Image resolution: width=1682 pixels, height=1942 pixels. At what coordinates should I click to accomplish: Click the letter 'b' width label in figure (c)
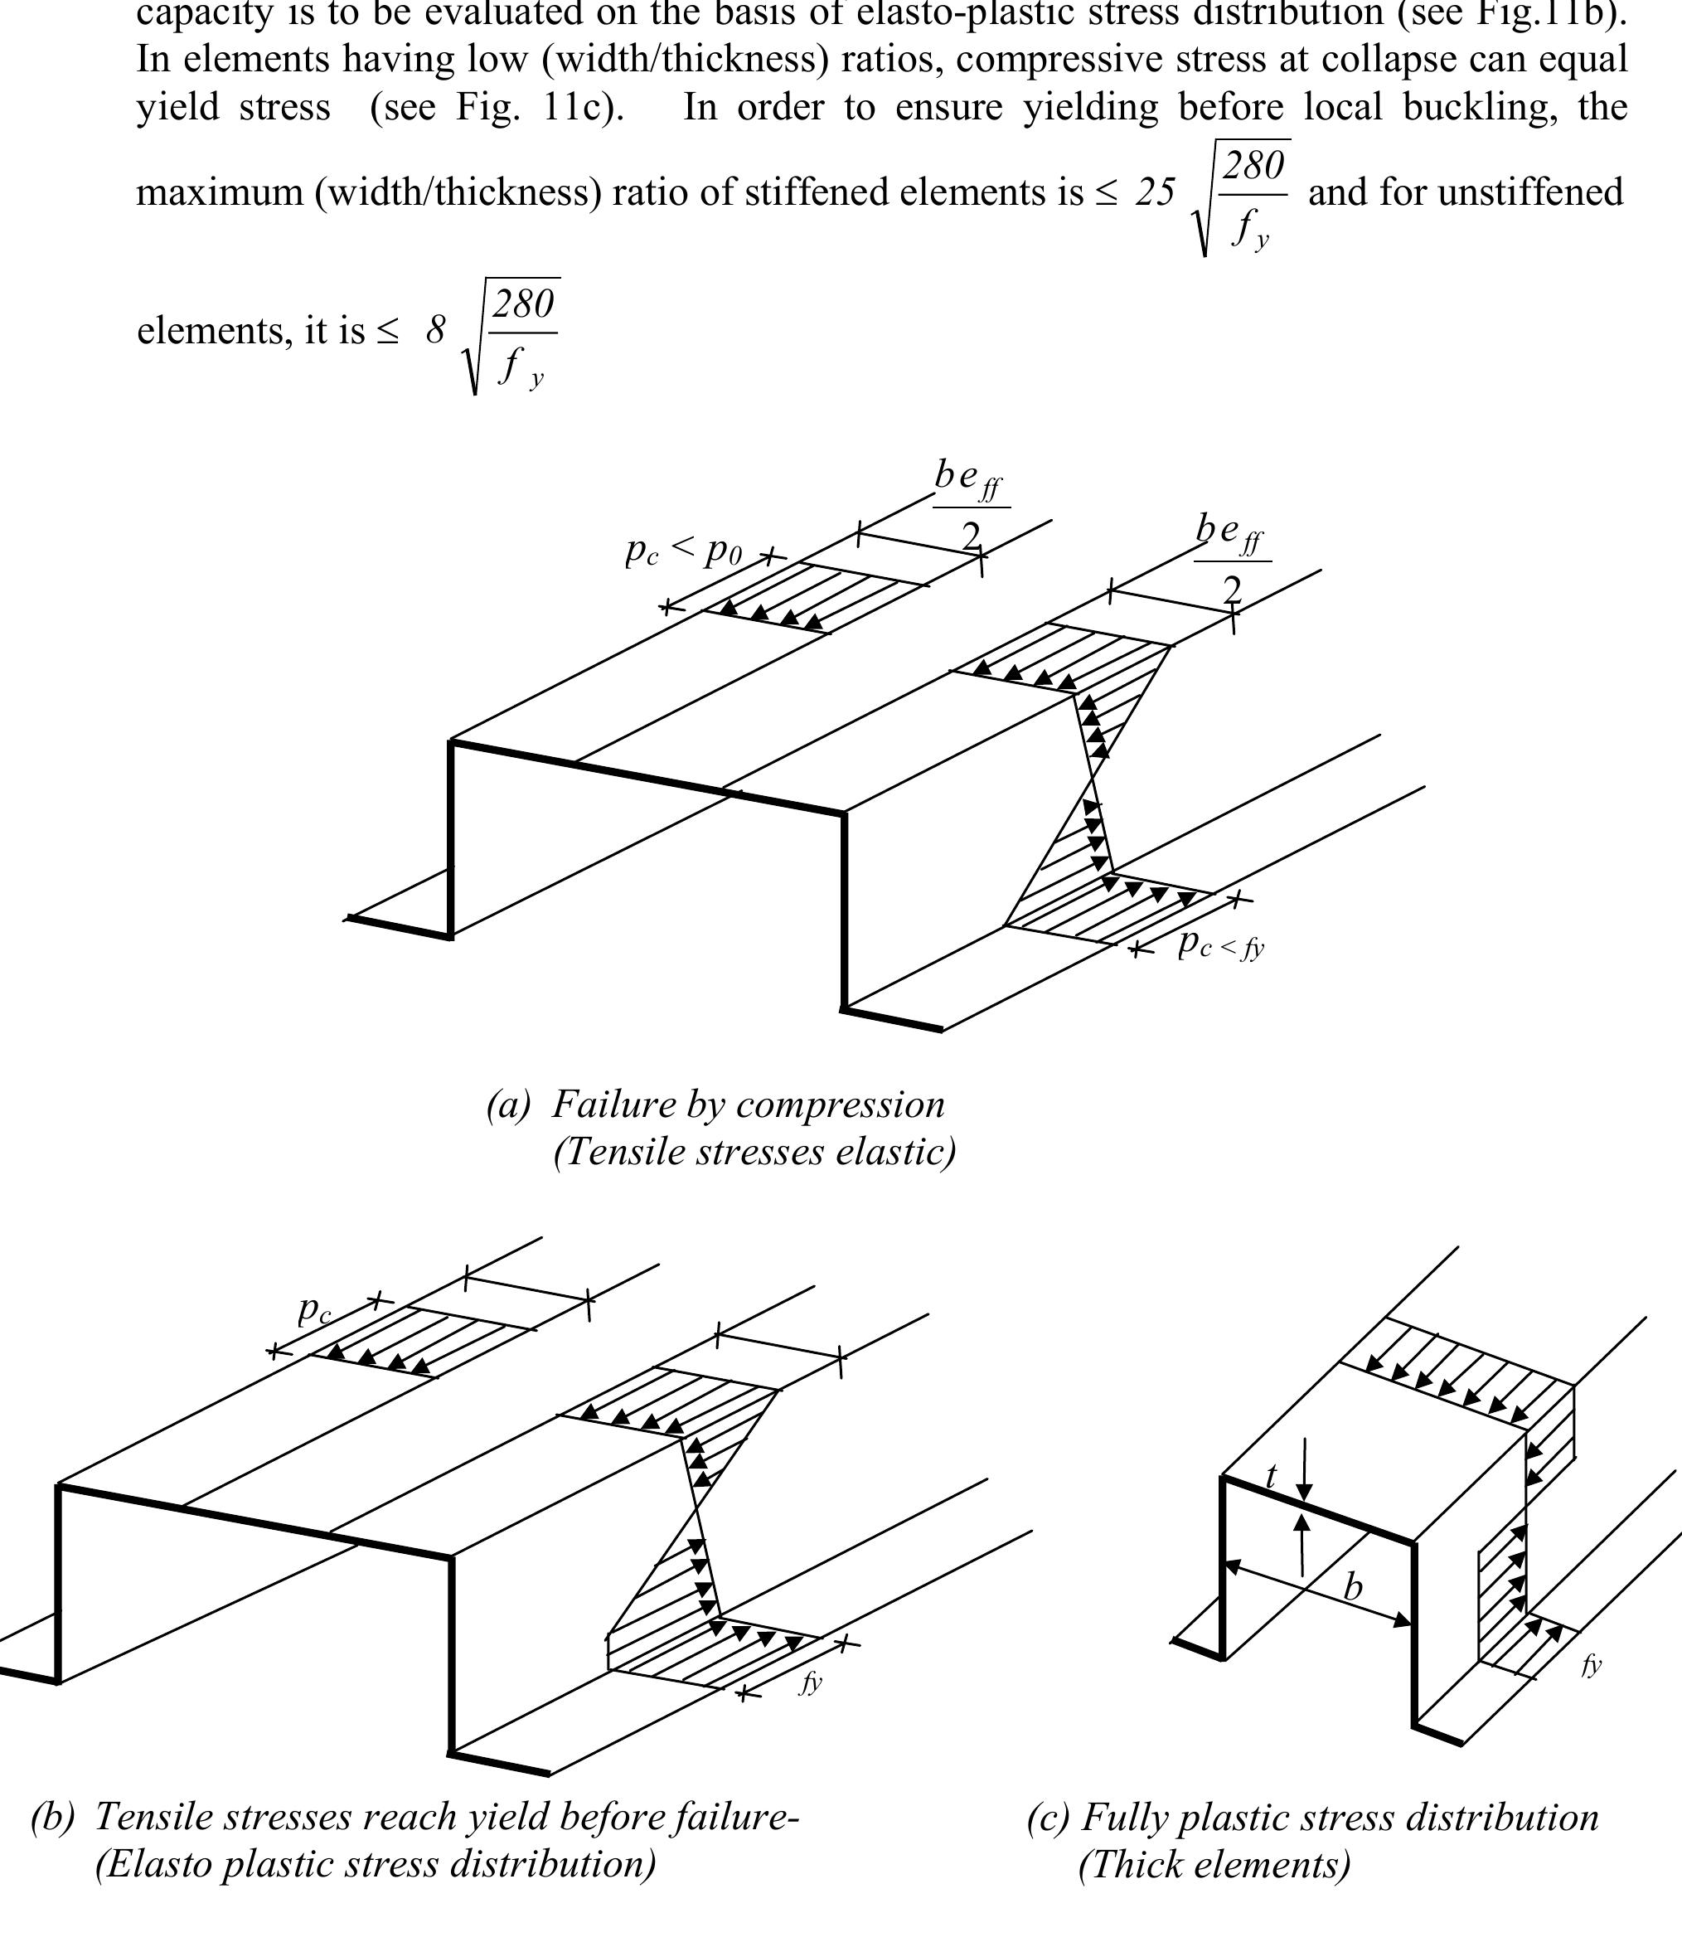1353,1587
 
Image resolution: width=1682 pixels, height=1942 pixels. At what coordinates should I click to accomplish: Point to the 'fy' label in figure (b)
810,1681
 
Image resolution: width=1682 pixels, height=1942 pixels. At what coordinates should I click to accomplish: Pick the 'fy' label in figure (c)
1591,1664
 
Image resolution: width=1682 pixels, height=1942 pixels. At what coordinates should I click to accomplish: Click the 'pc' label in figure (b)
314,1308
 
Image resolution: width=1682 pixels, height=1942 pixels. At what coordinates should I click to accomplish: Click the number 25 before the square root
1155,192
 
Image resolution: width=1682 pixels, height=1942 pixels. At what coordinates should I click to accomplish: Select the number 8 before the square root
435,330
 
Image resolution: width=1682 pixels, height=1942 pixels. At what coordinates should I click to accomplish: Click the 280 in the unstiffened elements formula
524,304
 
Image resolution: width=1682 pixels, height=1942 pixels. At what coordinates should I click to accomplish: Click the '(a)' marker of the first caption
508,1105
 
